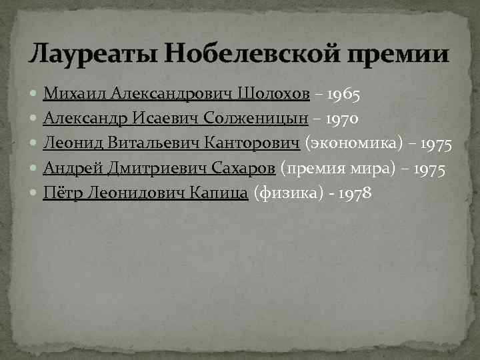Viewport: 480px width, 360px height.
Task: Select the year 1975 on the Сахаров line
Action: (429, 169)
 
